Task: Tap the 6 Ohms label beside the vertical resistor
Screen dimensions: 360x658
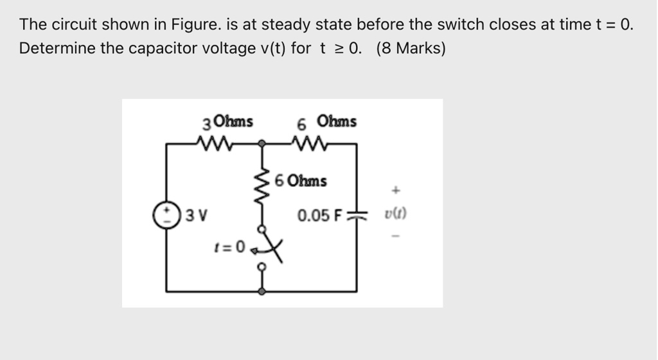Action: coord(301,181)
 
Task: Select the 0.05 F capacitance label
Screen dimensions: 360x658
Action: coord(319,215)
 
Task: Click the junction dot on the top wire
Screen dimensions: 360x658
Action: coord(262,145)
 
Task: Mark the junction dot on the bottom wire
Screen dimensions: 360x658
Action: coord(262,291)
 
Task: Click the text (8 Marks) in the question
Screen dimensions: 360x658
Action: coord(411,48)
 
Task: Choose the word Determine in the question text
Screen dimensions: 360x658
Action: coord(57,48)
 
